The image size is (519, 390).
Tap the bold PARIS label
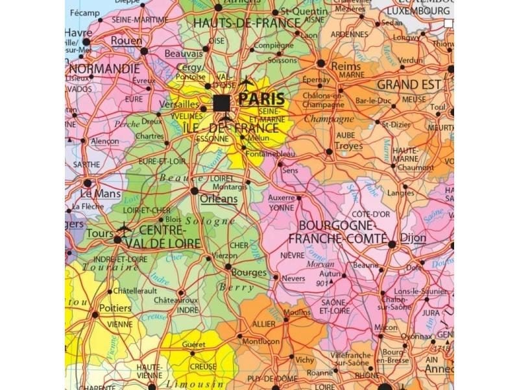(x=261, y=99)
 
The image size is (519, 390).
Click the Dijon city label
(x=413, y=238)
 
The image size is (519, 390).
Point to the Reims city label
(x=345, y=66)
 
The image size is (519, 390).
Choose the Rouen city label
(x=127, y=40)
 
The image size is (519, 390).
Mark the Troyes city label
(x=348, y=146)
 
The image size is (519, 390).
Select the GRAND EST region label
(x=409, y=84)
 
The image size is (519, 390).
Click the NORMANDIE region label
(x=104, y=68)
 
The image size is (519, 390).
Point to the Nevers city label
(x=294, y=278)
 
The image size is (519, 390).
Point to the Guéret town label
(x=193, y=344)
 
